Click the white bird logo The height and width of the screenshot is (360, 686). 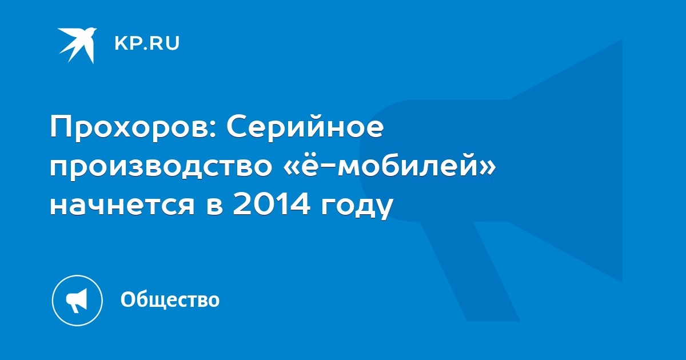tap(77, 45)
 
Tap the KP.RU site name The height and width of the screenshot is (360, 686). tap(147, 43)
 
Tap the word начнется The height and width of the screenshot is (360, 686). tap(122, 205)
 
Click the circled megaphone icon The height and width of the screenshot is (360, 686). tap(77, 301)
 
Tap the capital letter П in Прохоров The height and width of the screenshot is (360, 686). tap(62, 127)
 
